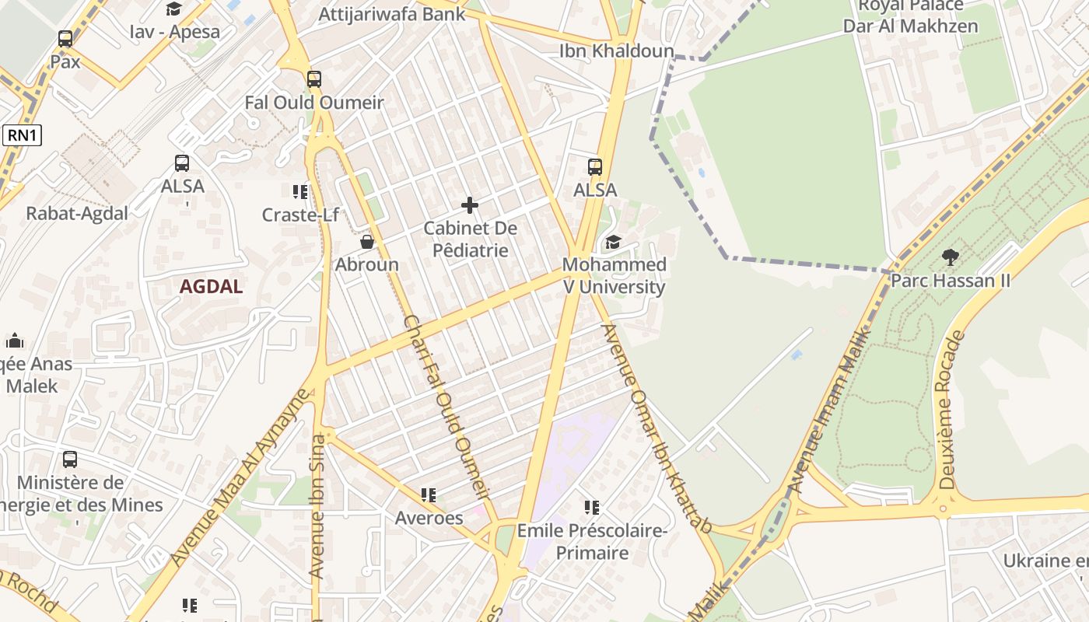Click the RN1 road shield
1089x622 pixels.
point(22,135)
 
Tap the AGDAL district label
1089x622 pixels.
point(211,286)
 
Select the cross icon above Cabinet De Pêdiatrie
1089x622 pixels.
point(470,205)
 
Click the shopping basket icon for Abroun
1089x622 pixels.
point(367,242)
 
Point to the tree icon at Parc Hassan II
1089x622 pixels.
point(950,257)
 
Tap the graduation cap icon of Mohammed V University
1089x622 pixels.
point(614,242)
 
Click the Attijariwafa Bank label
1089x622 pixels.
point(392,14)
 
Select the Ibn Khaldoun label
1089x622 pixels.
point(617,51)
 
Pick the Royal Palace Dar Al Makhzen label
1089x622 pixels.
point(910,16)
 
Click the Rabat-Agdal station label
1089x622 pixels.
point(77,214)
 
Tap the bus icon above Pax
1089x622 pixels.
point(65,38)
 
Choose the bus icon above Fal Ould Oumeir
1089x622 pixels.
point(314,79)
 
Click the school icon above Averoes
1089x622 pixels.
point(429,494)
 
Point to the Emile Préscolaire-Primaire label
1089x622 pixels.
point(592,542)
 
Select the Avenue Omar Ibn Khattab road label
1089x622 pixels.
point(657,427)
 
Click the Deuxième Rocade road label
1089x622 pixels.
point(951,410)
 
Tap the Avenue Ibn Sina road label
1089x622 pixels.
point(317,505)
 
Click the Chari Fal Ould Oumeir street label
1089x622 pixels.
point(447,406)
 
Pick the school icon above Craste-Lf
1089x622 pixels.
point(300,191)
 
